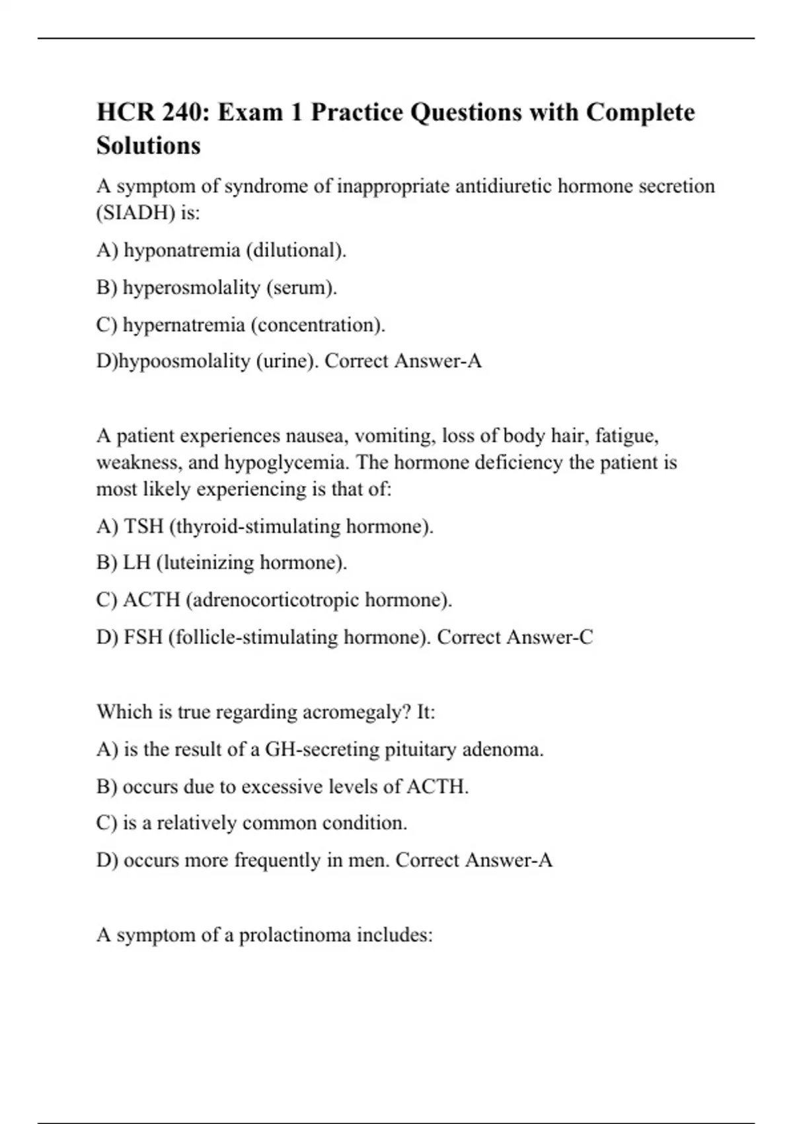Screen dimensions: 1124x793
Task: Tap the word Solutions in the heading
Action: click(149, 145)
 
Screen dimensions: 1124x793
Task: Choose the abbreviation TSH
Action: click(143, 526)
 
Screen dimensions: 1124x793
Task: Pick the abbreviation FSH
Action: click(143, 637)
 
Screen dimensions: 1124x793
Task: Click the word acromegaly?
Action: click(357, 712)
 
